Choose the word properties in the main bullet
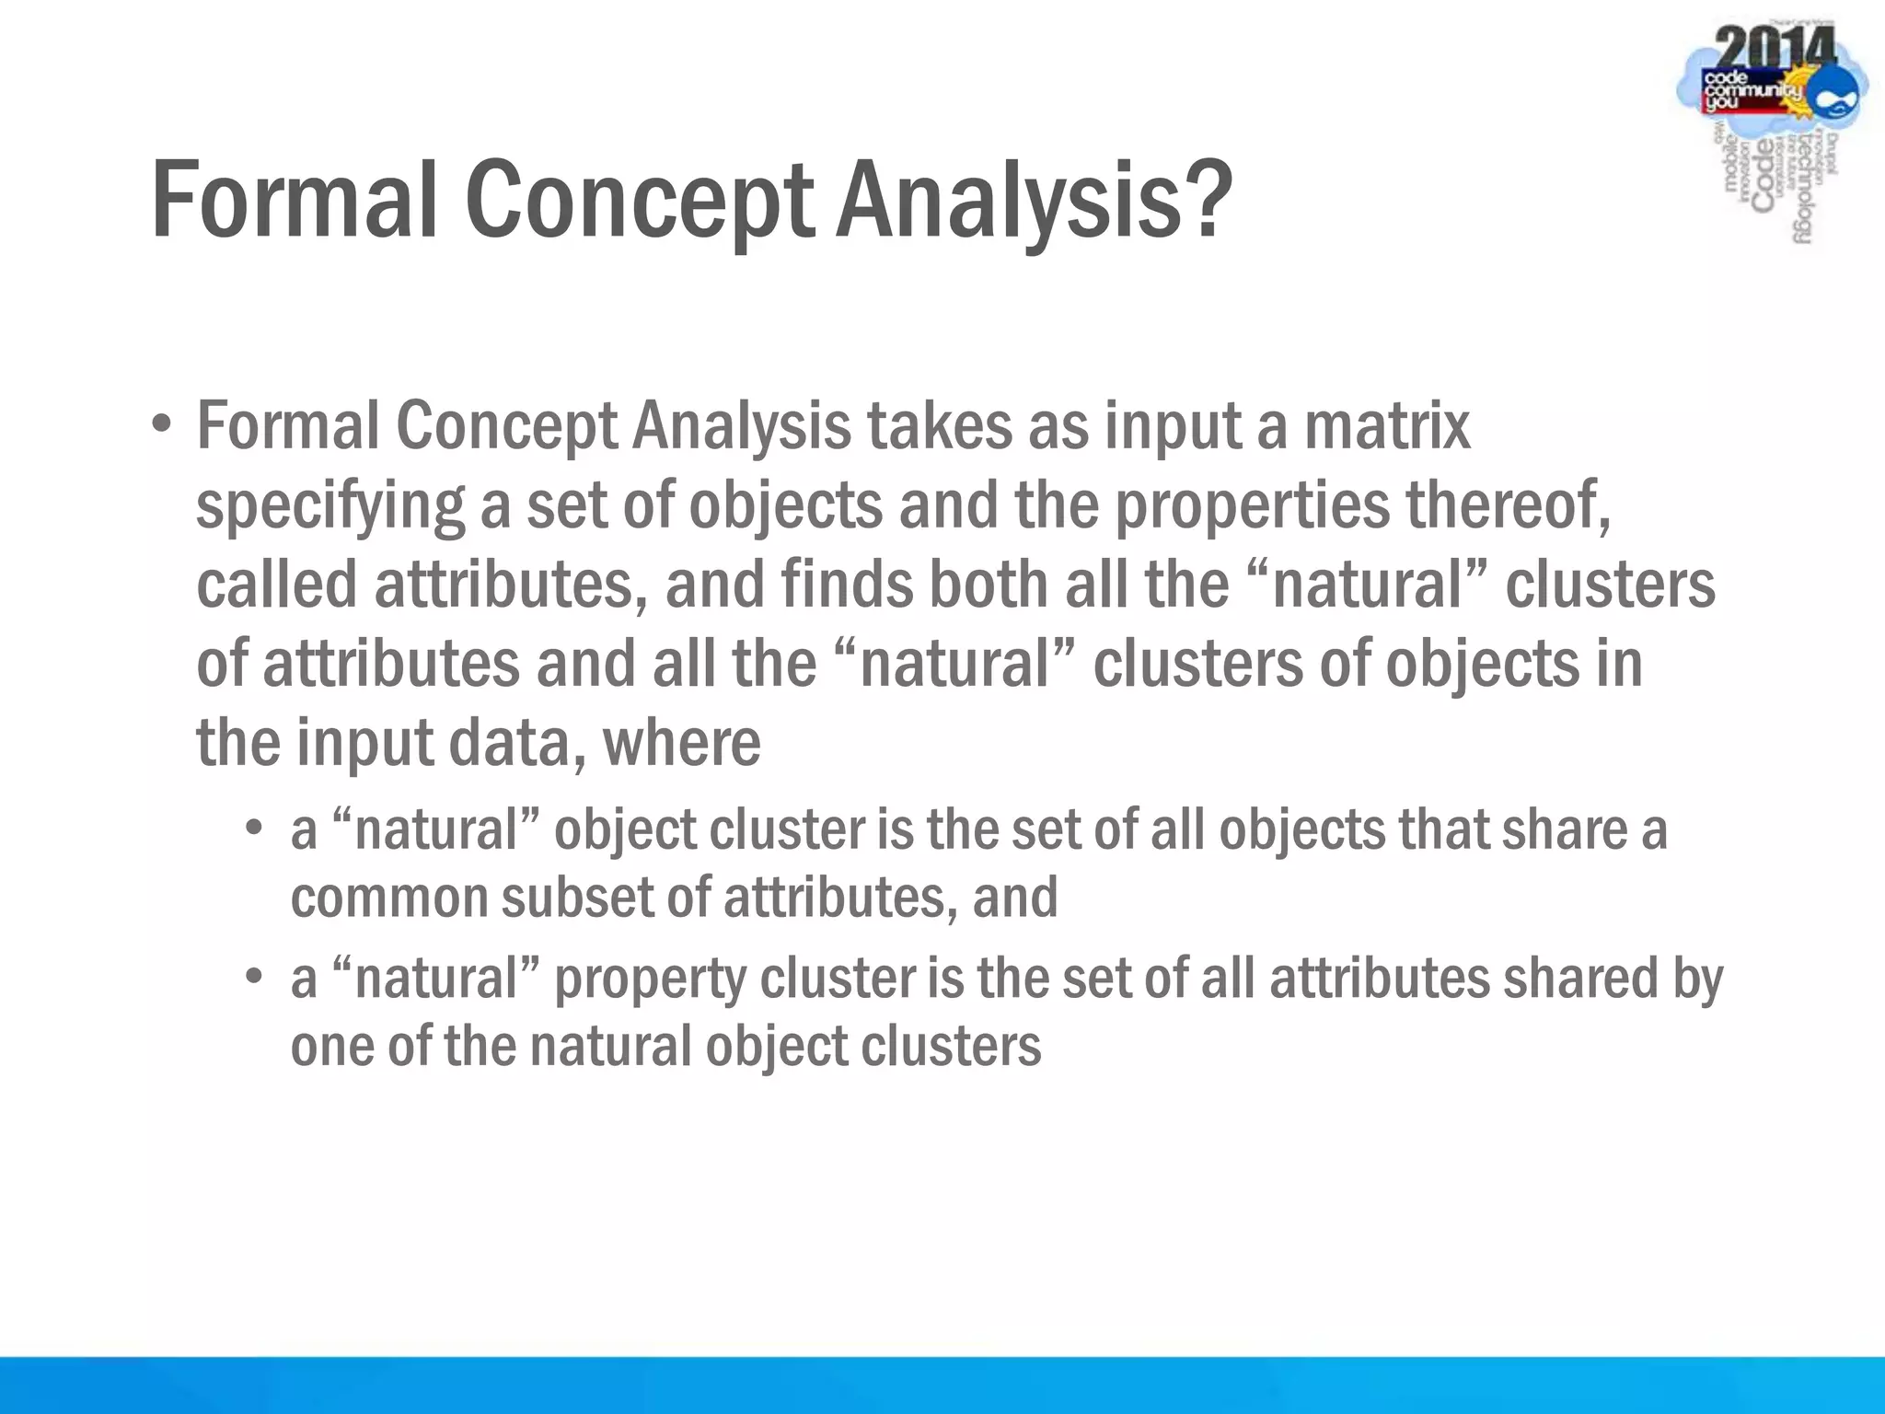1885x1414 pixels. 1252,506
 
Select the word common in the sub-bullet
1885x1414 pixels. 387,898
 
